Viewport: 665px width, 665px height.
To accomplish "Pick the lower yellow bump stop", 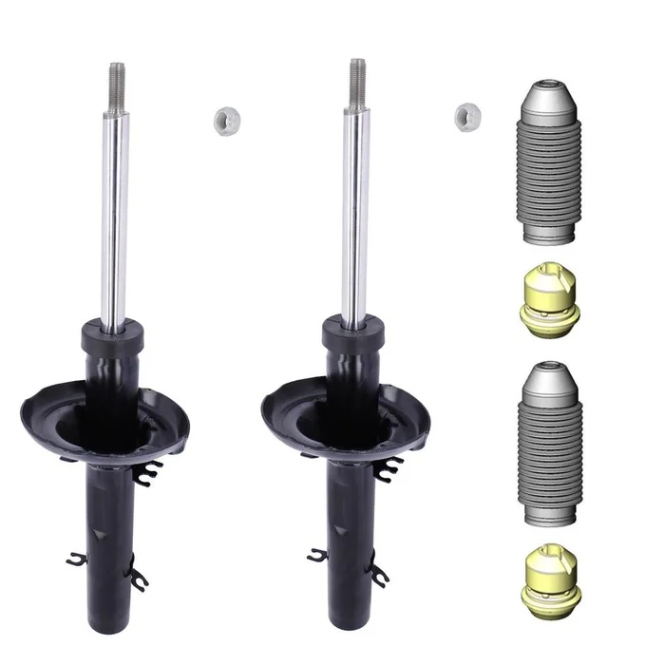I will coord(545,576).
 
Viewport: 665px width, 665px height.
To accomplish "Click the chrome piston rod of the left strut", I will coord(116,209).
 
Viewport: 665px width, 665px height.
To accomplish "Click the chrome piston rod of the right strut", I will coord(356,209).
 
